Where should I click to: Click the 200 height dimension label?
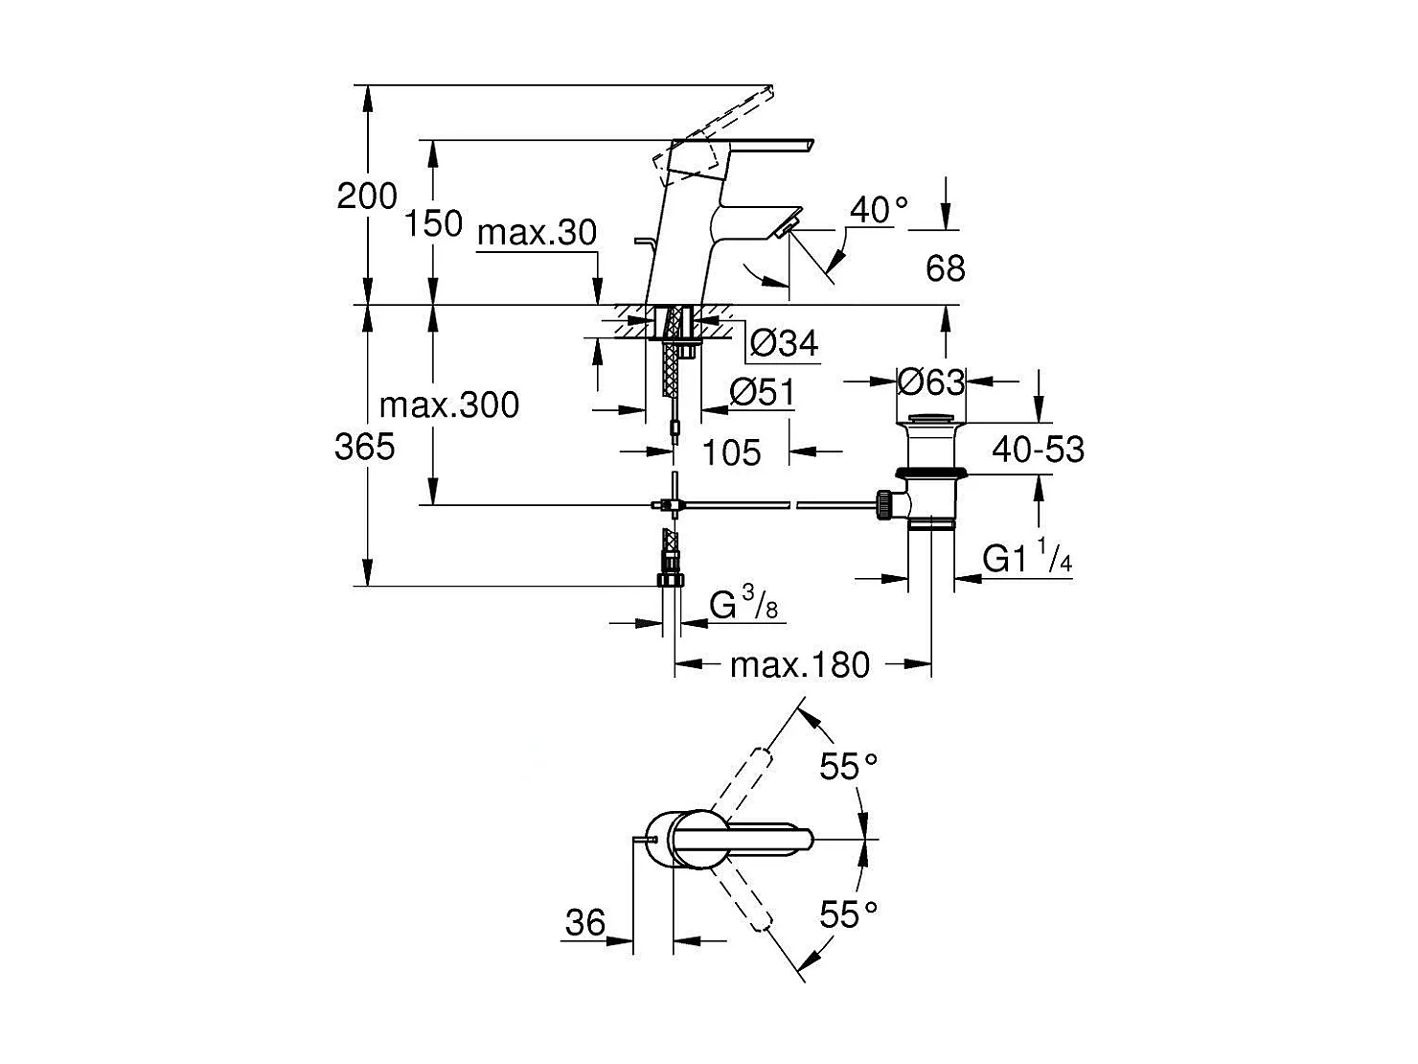coord(367,196)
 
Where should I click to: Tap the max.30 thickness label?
coord(537,232)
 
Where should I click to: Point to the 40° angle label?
coord(879,210)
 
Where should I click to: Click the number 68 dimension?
coord(945,268)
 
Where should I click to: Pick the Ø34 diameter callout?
coord(784,342)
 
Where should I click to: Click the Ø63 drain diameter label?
coord(931,382)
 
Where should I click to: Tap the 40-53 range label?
coord(1038,449)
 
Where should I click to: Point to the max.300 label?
coord(449,405)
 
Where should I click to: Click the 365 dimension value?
coord(365,446)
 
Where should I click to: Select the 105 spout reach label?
coord(732,451)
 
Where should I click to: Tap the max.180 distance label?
coord(799,664)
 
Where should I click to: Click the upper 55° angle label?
coord(849,766)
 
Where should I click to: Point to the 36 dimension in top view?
coord(585,922)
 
